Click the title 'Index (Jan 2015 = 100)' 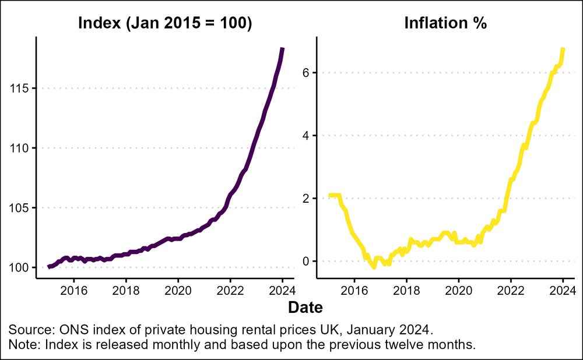pyautogui.click(x=165, y=24)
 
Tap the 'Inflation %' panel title pyautogui.click(x=445, y=24)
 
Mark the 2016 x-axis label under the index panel pyautogui.click(x=74, y=290)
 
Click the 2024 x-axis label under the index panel pyautogui.click(x=282, y=290)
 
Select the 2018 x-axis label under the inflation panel pyautogui.click(x=407, y=290)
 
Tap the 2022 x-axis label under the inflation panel pyautogui.click(x=511, y=290)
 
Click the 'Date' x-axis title pyautogui.click(x=305, y=307)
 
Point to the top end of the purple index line pyautogui.click(x=282, y=49)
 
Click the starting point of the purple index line pyautogui.click(x=49, y=267)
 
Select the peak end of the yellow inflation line pyautogui.click(x=563, y=49)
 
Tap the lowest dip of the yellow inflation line pyautogui.click(x=374, y=266)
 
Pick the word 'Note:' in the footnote pyautogui.click(x=24, y=344)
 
